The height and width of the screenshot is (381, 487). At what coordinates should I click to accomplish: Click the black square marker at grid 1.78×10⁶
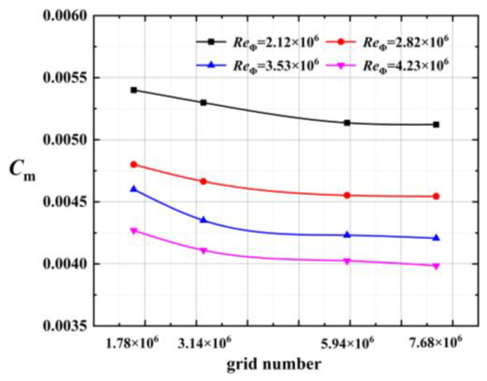134,90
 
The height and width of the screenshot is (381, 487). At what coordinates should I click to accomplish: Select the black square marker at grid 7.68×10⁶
436,125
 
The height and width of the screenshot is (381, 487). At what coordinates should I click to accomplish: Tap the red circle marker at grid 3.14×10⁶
203,181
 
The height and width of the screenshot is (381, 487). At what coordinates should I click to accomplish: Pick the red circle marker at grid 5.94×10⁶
347,195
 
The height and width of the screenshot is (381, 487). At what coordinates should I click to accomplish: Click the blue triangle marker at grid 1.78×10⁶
134,189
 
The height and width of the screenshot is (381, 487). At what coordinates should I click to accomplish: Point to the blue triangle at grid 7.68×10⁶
436,238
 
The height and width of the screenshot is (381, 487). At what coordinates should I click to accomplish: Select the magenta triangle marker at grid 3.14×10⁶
203,251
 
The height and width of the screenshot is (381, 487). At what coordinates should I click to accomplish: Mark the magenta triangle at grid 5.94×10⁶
347,261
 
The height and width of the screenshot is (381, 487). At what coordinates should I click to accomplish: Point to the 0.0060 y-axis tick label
65,16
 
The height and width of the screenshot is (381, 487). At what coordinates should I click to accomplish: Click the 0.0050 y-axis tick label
65,140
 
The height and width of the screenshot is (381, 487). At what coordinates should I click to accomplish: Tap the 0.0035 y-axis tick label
65,326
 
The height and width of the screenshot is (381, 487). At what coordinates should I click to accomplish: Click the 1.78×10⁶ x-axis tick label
133,344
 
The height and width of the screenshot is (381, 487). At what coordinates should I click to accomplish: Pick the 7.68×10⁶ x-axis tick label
436,344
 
